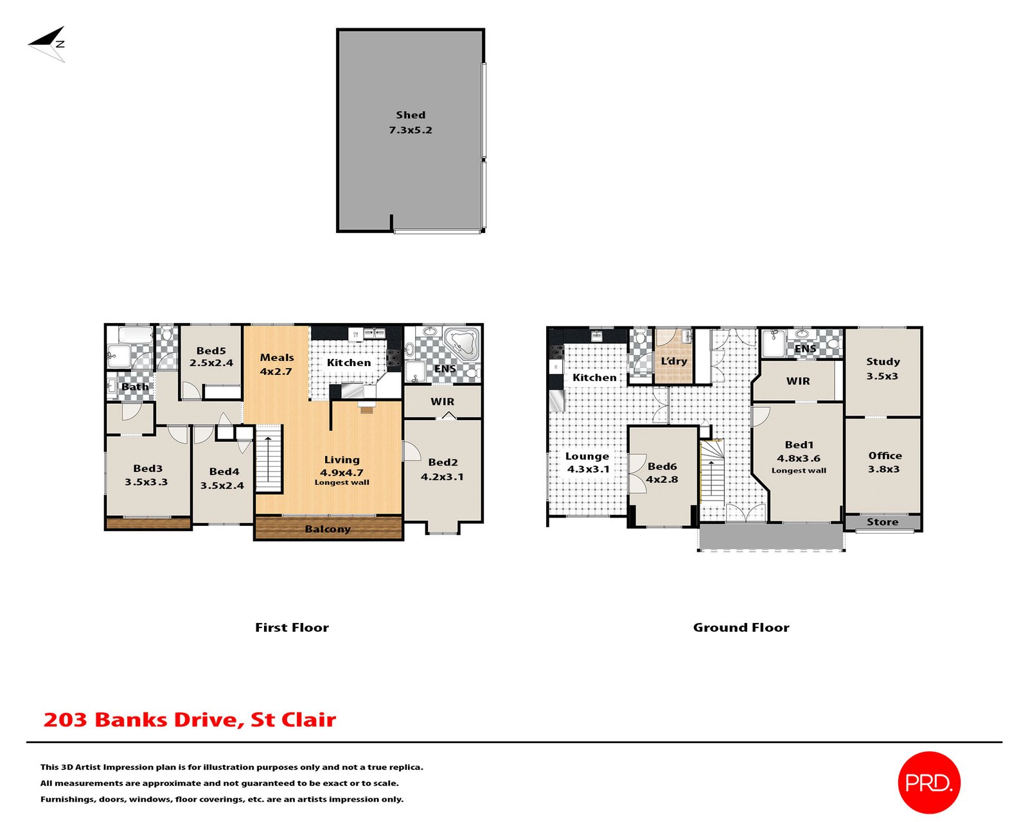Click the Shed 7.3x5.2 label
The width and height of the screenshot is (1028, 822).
click(410, 122)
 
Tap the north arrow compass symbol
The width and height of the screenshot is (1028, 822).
click(48, 44)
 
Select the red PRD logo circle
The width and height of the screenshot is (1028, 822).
click(928, 782)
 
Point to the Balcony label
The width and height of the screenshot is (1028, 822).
click(328, 529)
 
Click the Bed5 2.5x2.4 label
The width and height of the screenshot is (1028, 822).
click(211, 356)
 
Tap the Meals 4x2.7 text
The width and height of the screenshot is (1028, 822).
click(276, 364)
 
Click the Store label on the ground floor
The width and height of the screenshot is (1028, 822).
click(882, 522)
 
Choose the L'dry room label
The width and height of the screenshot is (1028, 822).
click(674, 361)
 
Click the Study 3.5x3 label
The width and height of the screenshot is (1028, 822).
click(882, 369)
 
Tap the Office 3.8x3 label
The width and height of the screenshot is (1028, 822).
click(884, 462)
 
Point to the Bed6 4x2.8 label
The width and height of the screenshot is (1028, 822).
click(662, 473)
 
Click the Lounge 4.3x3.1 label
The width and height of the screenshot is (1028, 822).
click(587, 462)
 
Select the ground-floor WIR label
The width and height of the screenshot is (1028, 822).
click(798, 381)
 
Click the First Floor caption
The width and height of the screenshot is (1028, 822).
click(292, 627)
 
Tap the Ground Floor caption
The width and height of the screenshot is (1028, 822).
click(741, 627)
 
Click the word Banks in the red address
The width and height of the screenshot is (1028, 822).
click(132, 720)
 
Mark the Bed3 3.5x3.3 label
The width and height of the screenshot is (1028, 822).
click(147, 475)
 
